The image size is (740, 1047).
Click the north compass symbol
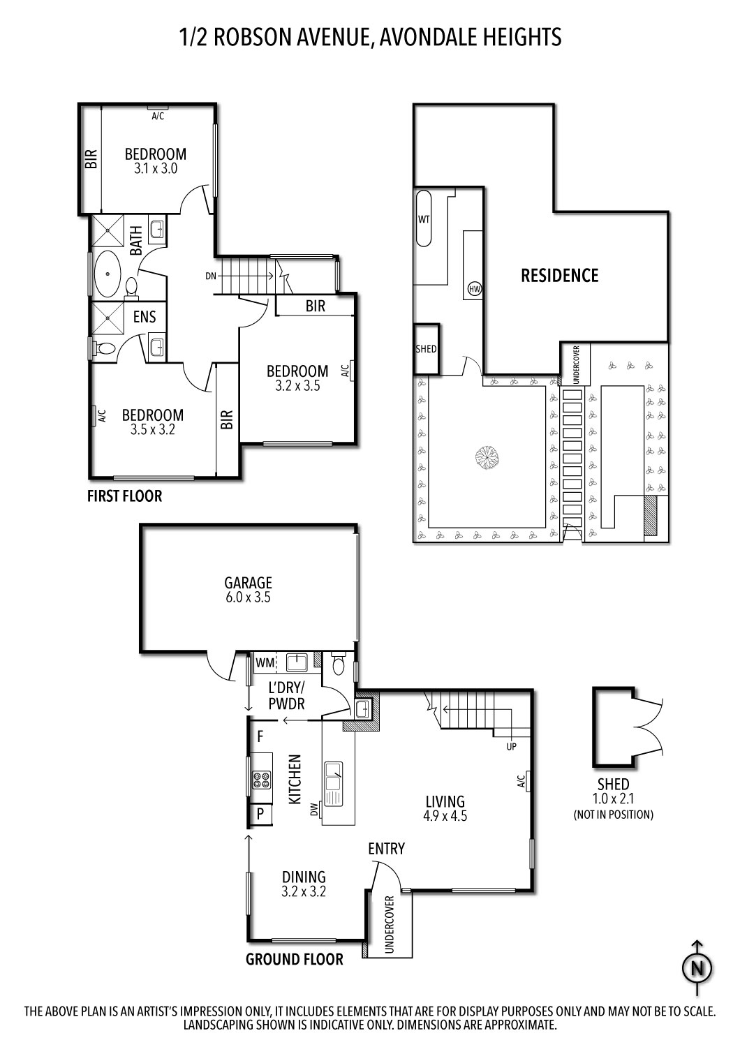pyautogui.click(x=696, y=967)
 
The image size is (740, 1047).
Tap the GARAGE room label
pyautogui.click(x=248, y=582)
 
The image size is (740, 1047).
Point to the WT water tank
pyautogui.click(x=424, y=219)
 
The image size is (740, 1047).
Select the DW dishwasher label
pyautogui.click(x=313, y=810)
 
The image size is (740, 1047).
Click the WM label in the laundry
pyautogui.click(x=265, y=662)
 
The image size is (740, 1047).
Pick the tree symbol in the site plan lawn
pyautogui.click(x=487, y=459)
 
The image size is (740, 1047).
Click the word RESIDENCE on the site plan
pyautogui.click(x=560, y=276)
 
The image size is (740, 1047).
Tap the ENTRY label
pyautogui.click(x=386, y=849)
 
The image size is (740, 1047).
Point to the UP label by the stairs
pyautogui.click(x=512, y=746)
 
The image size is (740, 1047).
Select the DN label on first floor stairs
pyautogui.click(x=211, y=276)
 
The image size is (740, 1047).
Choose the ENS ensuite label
pyautogui.click(x=145, y=318)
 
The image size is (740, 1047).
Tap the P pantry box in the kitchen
pyautogui.click(x=260, y=813)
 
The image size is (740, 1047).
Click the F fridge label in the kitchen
pyautogui.click(x=260, y=736)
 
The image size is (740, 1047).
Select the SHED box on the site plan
pyautogui.click(x=426, y=348)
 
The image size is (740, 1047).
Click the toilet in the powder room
pyautogui.click(x=339, y=664)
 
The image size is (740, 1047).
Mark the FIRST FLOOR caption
pyautogui.click(x=124, y=496)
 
